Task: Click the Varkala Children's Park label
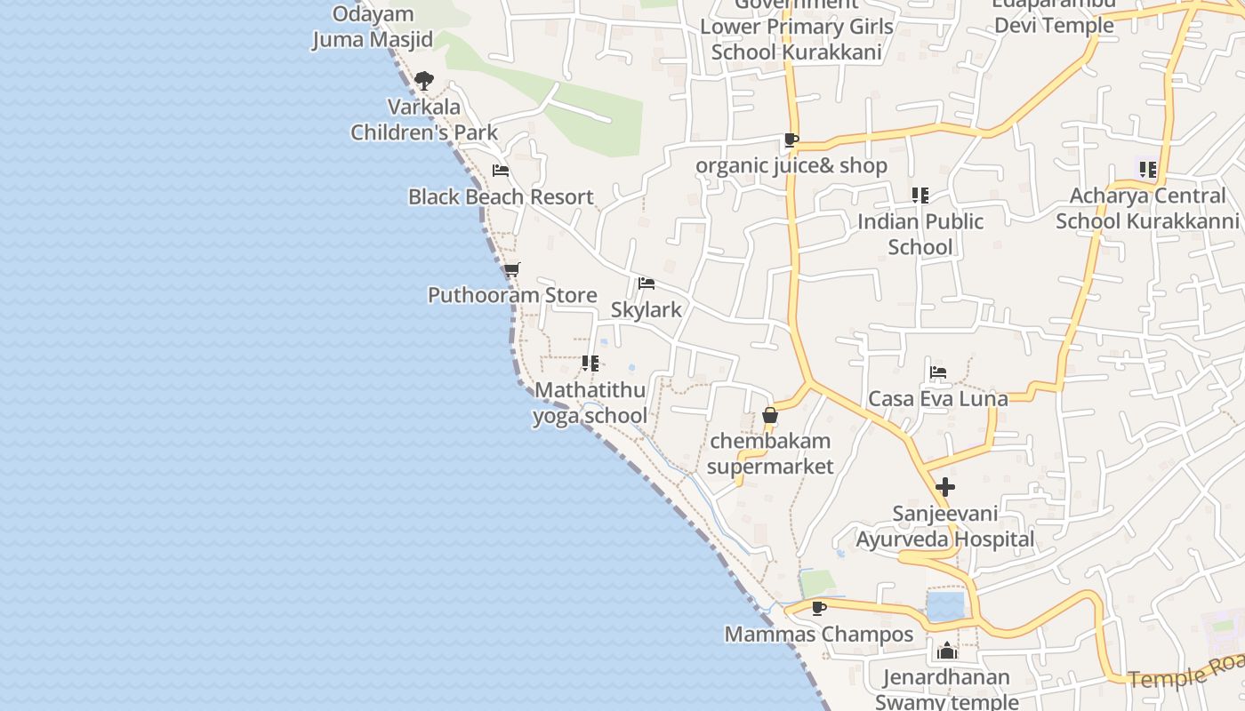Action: point(423,120)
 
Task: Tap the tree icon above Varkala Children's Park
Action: point(424,81)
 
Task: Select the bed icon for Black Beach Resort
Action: point(501,171)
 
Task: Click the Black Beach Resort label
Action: point(501,196)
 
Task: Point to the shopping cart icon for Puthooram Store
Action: point(511,269)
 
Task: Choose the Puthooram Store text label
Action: point(512,295)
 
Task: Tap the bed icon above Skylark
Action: point(647,284)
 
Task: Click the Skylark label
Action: point(647,309)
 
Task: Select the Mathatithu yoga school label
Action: point(590,403)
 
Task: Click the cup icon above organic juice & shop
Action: point(791,140)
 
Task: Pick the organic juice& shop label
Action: point(791,166)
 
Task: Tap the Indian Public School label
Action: point(920,234)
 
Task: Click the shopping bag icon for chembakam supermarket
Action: point(770,415)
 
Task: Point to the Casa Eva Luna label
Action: point(938,398)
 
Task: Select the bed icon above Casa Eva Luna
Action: point(938,372)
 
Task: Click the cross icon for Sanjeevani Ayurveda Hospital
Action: point(945,487)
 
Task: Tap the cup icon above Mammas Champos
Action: point(819,608)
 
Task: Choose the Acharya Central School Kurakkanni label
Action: point(1147,208)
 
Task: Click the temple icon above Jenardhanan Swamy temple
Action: point(946,651)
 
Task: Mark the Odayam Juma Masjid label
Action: point(373,27)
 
